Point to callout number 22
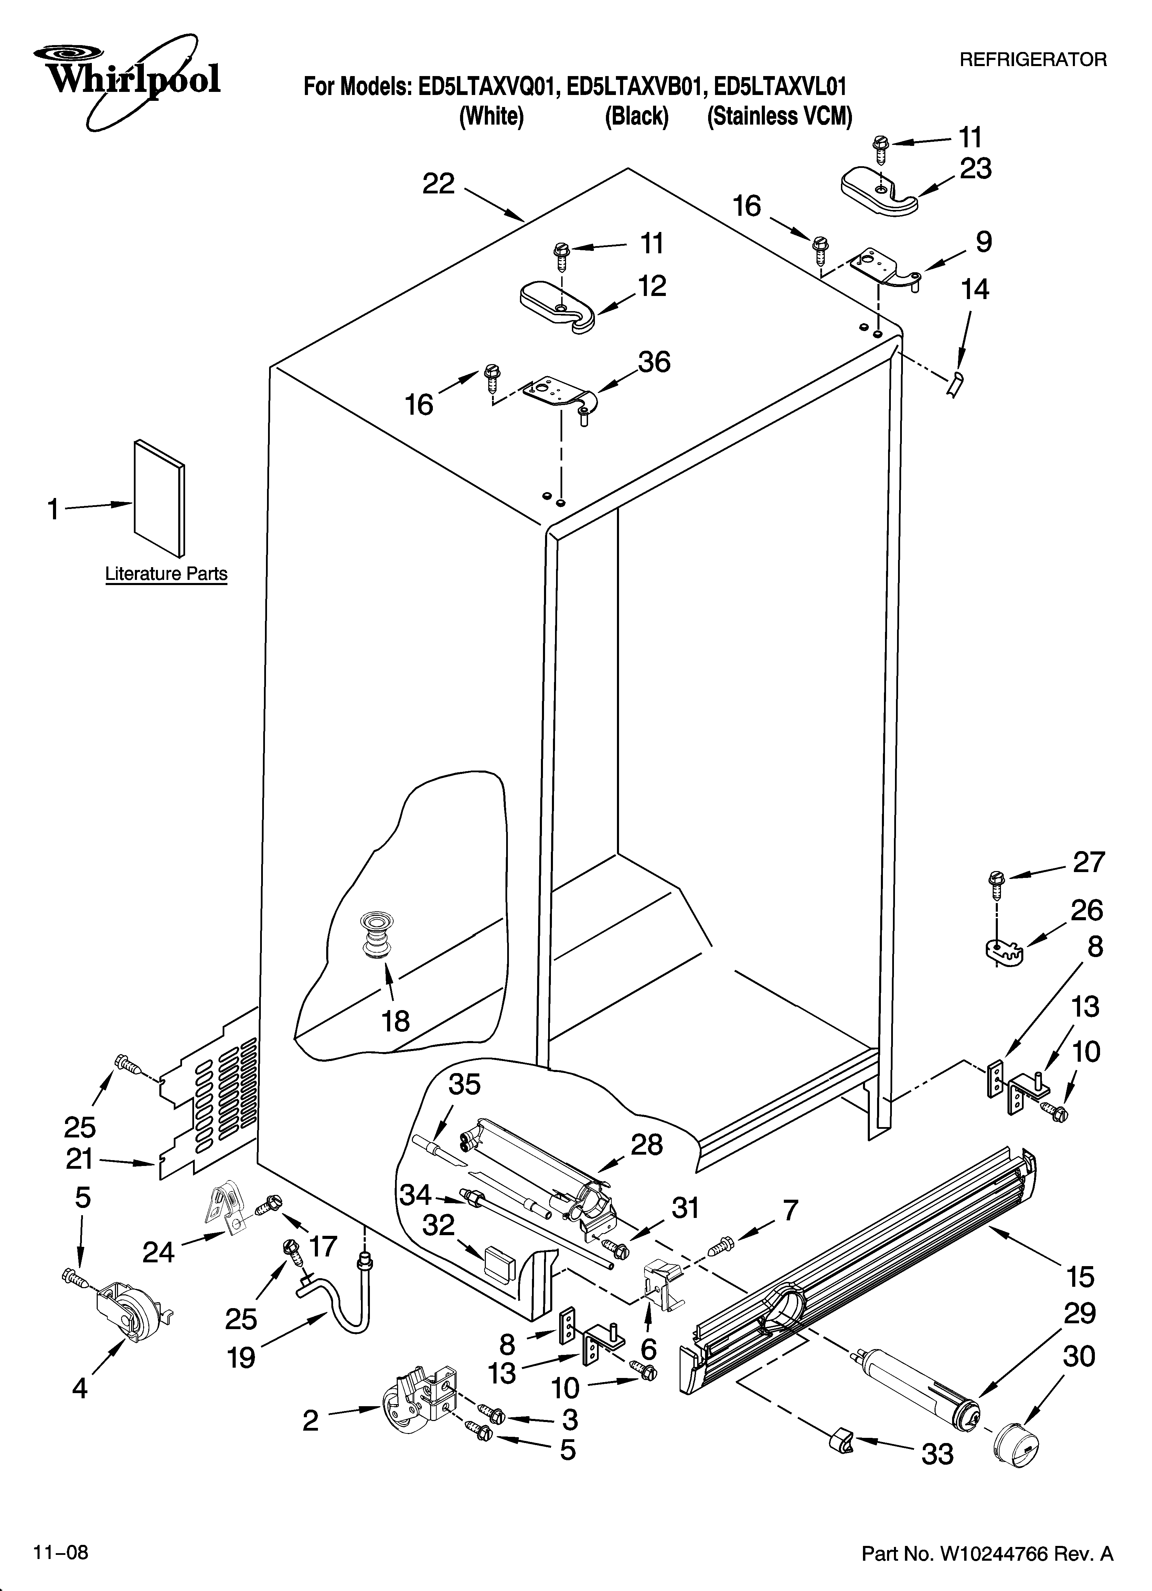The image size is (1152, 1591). pos(438,184)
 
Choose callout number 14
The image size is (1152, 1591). pos(974,289)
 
